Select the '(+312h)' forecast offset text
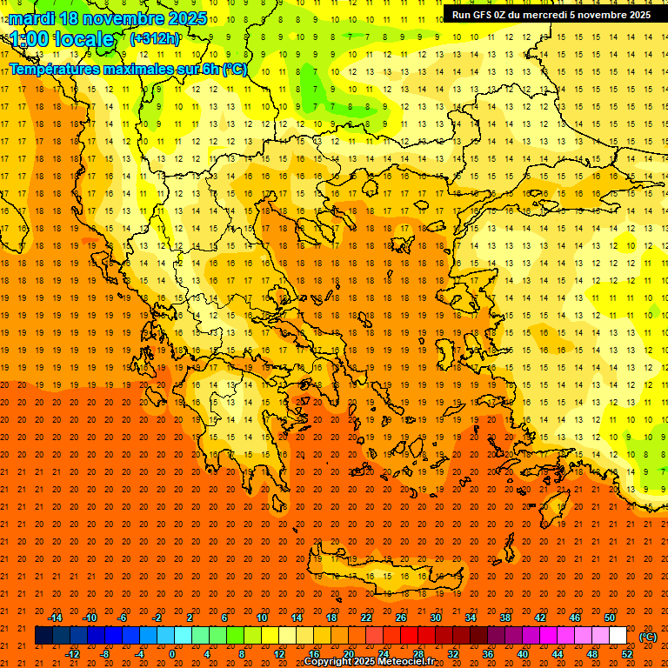point(155,39)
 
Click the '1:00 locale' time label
point(62,39)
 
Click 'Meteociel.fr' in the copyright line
point(406,662)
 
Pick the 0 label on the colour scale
point(172,654)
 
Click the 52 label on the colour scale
point(627,654)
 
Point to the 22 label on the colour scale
point(365,618)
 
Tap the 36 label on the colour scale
point(488,654)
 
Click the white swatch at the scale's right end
point(618,636)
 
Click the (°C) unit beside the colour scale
point(648,637)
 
